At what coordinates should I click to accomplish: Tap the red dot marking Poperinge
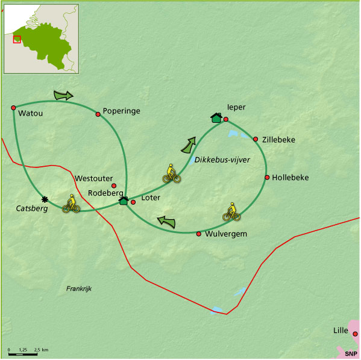coord(98,113)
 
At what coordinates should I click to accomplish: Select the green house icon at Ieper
coord(216,117)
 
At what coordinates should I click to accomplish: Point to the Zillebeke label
coord(278,140)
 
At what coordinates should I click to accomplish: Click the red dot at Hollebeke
coord(267,177)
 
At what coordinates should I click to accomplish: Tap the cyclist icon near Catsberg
coord(72,204)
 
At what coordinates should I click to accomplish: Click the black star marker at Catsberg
coord(44,199)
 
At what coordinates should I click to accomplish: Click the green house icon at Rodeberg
coord(124,200)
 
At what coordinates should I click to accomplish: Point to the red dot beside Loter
coord(133,202)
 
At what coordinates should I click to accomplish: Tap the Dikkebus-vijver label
coord(222,160)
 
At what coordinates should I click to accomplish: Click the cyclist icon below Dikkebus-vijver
coord(172,174)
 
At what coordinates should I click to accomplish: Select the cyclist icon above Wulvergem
coord(231,211)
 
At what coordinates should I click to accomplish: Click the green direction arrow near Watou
coord(63,95)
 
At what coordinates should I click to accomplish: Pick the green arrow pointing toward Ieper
coord(189,145)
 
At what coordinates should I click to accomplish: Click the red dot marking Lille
coord(355,334)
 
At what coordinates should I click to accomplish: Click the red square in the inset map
coord(17,39)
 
